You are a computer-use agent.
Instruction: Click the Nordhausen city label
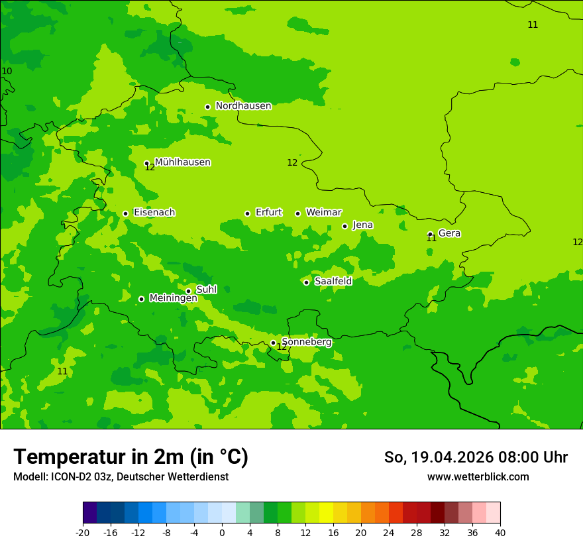[x=243, y=106]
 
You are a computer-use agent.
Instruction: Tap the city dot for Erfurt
[x=247, y=213]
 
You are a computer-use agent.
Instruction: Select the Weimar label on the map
[x=323, y=213]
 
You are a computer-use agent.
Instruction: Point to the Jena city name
[x=362, y=225]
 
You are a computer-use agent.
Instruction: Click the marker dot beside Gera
[x=430, y=234]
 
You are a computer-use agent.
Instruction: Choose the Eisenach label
[x=154, y=213]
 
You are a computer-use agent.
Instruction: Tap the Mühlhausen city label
[x=182, y=162]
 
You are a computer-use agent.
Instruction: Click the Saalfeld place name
[x=333, y=282]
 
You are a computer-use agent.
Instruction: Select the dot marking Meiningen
[x=141, y=299]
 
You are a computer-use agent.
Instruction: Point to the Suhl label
[x=206, y=290]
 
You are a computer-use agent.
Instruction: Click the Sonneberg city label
[x=306, y=342]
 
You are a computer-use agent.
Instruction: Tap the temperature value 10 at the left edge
[x=7, y=72]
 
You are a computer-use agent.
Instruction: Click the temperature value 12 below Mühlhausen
[x=150, y=168]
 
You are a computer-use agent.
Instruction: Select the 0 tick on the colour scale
[x=222, y=533]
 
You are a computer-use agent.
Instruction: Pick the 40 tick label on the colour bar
[x=500, y=533]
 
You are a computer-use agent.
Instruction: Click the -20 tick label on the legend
[x=83, y=533]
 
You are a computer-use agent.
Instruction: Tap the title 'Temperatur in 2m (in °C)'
[x=131, y=457]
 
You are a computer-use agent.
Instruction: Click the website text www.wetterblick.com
[x=478, y=477]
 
